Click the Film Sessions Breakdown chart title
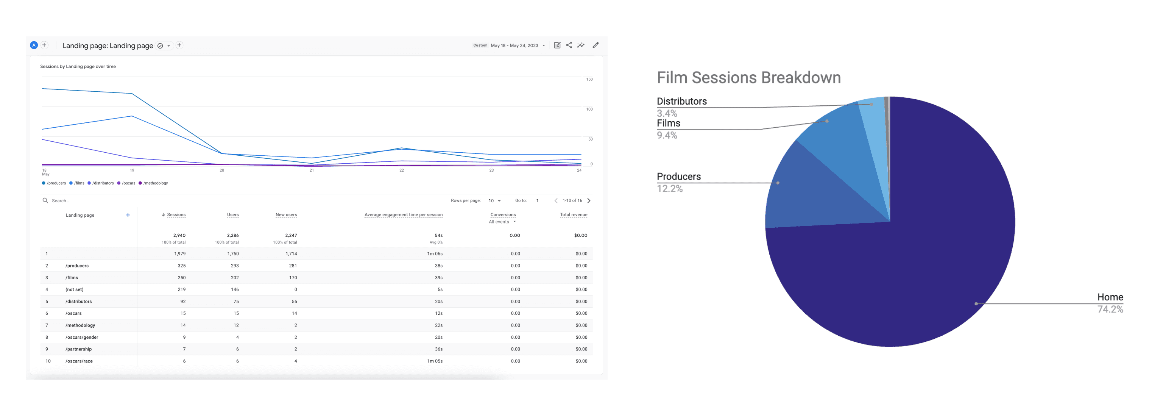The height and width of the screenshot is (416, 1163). (x=748, y=78)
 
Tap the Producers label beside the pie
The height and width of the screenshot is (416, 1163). (x=678, y=177)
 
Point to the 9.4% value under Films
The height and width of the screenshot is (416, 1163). (x=667, y=136)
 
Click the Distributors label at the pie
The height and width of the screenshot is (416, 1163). (x=681, y=102)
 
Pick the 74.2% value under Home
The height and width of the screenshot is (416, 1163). (x=1110, y=310)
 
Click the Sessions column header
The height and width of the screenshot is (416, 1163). (x=176, y=215)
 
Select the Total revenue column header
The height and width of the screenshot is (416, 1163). (x=574, y=215)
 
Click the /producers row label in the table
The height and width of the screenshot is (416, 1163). (x=77, y=266)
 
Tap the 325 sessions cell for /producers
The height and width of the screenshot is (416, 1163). (x=181, y=266)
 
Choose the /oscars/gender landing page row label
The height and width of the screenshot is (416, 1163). (x=82, y=338)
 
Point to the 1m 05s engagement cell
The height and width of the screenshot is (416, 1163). (x=435, y=361)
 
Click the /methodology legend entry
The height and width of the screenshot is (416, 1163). (x=155, y=183)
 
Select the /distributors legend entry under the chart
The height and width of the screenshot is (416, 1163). (x=103, y=183)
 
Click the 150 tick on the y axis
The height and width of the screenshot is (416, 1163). (x=589, y=80)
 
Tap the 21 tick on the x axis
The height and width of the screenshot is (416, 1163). (x=312, y=170)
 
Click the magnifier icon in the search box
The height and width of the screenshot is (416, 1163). (x=45, y=200)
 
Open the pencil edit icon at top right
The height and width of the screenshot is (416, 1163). (x=596, y=45)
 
